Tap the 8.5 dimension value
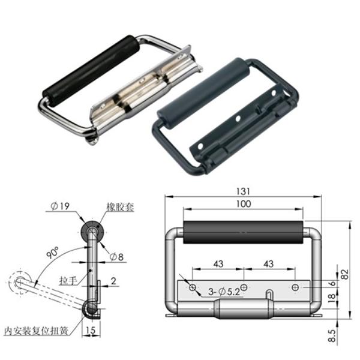coord(337,332)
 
